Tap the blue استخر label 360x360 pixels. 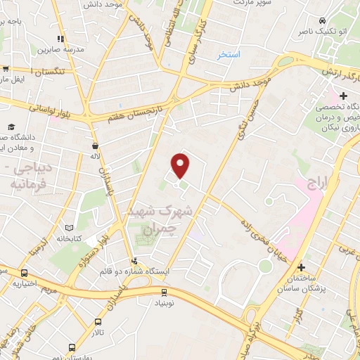[228, 54]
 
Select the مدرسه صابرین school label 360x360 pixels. [61, 50]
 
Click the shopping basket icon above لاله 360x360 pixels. [94, 146]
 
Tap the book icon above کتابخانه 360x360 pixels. [69, 229]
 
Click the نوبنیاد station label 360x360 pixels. [164, 304]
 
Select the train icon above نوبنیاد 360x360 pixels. [164, 292]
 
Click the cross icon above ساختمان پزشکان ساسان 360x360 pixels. [301, 267]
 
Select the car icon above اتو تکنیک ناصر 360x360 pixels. [321, 20]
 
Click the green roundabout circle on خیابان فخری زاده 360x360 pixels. [264, 266]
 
